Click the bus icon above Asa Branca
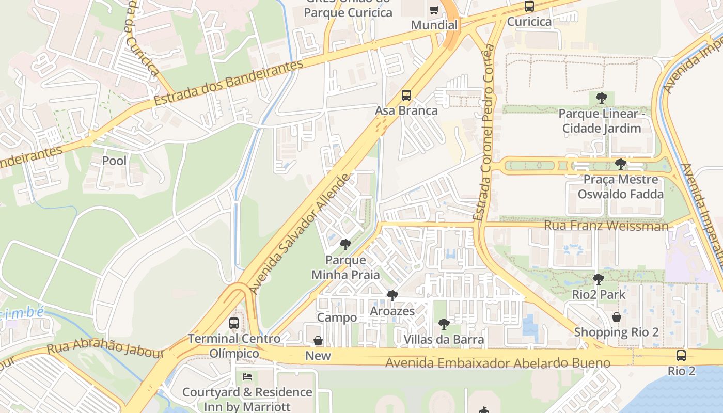click(x=406, y=96)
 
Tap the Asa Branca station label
click(x=406, y=110)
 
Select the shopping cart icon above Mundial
click(x=434, y=10)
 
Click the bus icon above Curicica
click(x=529, y=7)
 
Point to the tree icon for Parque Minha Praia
click(x=345, y=245)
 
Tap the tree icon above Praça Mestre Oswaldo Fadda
click(x=620, y=164)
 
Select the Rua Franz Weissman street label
click(x=606, y=226)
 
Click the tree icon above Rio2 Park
click(x=598, y=279)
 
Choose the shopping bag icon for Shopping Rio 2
click(x=616, y=317)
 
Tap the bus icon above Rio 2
click(x=681, y=356)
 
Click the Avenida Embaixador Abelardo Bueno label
click(x=498, y=363)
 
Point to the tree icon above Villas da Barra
click(x=444, y=324)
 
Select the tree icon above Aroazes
click(x=392, y=296)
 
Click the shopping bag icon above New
click(x=318, y=341)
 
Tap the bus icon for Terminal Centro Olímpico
click(x=234, y=323)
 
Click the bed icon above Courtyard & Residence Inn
click(x=247, y=377)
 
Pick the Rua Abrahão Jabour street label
click(x=105, y=347)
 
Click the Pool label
click(x=114, y=161)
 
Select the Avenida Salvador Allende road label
click(x=300, y=234)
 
